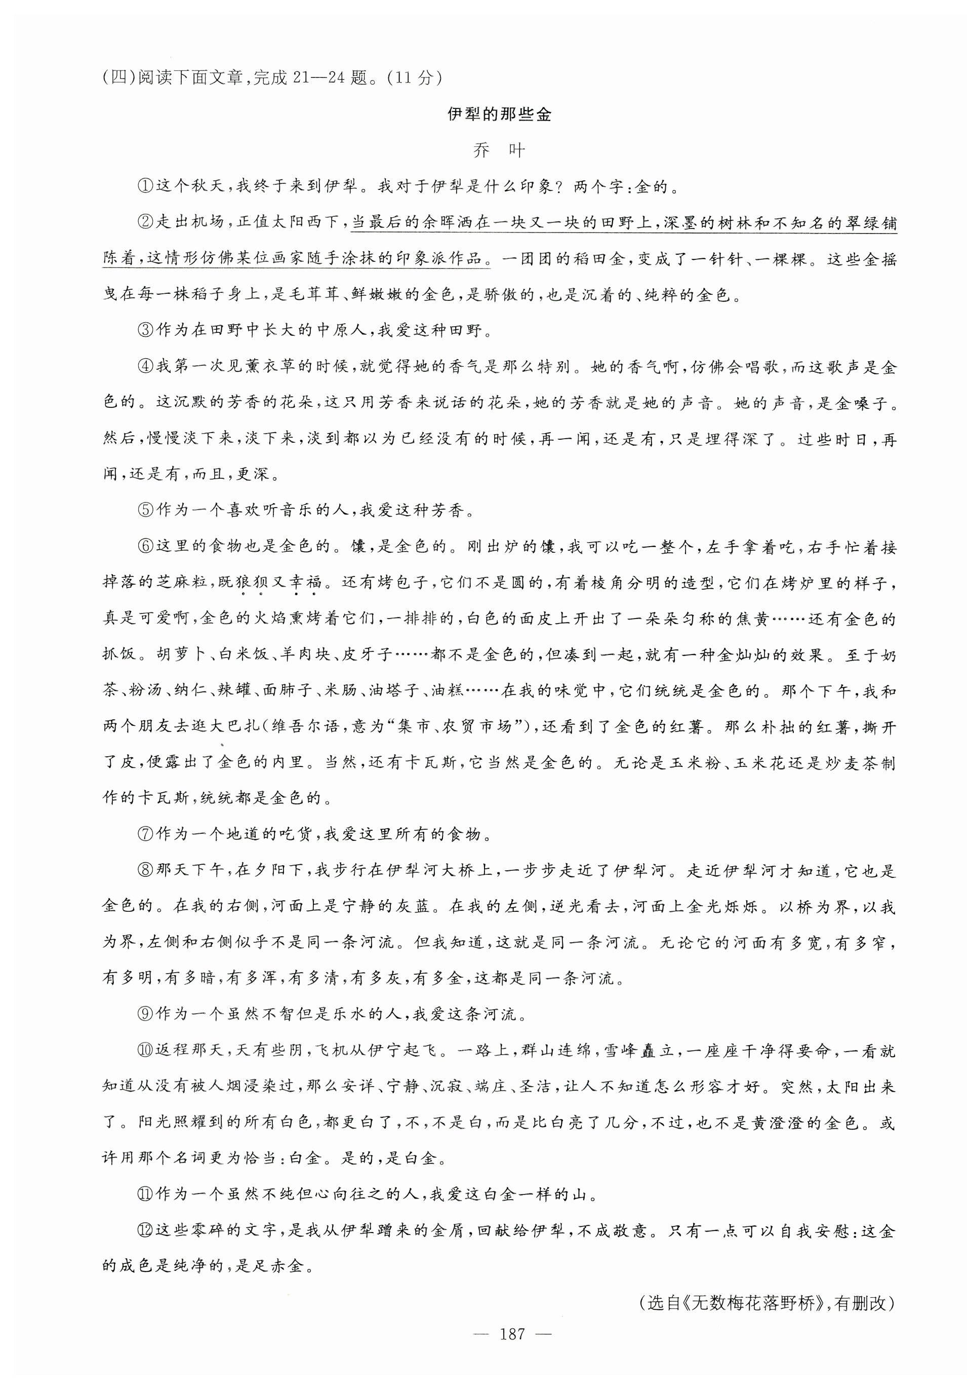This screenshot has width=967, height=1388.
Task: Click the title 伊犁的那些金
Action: tap(499, 114)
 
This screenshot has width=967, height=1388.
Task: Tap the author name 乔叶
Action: tap(499, 150)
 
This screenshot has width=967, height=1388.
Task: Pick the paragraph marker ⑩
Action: tap(146, 1051)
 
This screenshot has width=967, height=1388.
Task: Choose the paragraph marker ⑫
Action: tap(146, 1231)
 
